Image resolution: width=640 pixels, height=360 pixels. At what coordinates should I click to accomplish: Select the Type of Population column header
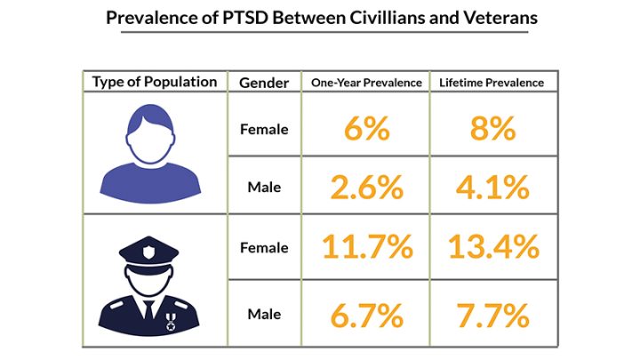tap(155, 82)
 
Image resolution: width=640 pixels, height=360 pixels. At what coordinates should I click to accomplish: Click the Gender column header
tap(264, 83)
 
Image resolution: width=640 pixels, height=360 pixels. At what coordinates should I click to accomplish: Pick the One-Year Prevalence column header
tap(365, 83)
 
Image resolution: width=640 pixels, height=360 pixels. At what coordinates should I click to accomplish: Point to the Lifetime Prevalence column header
tap(492, 83)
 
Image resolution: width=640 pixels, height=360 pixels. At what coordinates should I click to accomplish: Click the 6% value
tap(365, 129)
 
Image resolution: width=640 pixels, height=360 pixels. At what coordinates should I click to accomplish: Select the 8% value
tap(492, 129)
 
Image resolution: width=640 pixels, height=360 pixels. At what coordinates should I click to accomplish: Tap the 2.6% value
tap(365, 187)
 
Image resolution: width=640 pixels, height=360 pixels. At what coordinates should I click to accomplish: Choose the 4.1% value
tap(492, 187)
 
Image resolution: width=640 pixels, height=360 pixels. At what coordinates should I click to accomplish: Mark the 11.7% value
tap(366, 247)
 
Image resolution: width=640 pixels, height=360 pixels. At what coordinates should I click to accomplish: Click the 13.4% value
tap(492, 247)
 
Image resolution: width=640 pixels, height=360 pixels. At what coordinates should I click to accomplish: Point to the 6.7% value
tap(365, 314)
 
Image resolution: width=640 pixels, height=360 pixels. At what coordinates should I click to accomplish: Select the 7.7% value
tap(492, 314)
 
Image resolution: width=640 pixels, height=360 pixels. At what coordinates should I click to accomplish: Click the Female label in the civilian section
tap(264, 129)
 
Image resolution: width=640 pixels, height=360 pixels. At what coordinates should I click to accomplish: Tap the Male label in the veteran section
tap(264, 314)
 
